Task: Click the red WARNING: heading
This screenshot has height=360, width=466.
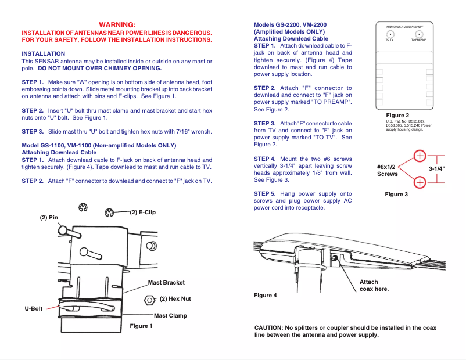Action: click(117, 24)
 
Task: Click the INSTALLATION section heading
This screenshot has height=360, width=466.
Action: click(43, 53)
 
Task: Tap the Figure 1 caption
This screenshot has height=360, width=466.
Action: click(141, 326)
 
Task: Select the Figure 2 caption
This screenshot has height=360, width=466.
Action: click(397, 115)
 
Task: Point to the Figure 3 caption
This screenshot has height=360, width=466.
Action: click(396, 194)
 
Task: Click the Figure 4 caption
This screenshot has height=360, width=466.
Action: click(266, 295)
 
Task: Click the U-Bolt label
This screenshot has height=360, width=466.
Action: click(34, 308)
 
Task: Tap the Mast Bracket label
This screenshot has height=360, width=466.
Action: click(166, 283)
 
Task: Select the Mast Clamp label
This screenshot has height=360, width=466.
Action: click(170, 316)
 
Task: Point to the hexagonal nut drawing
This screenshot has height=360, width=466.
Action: click(149, 300)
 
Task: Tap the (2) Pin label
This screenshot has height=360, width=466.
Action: click(49, 218)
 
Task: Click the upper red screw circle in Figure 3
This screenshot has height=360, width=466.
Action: click(420, 156)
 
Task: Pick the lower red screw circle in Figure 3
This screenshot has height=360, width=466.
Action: click(420, 182)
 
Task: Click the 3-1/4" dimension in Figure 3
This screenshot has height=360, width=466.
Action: click(437, 168)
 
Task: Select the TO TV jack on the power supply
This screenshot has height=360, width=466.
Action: click(389, 34)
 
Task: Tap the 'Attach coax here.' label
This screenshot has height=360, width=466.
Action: click(374, 285)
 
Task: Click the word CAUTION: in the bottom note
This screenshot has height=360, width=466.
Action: click(268, 328)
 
